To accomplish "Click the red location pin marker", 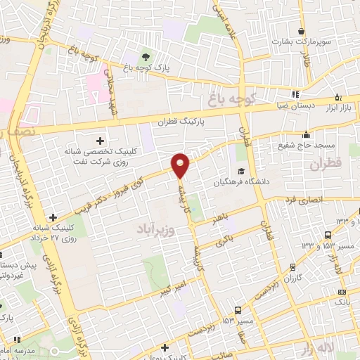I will pyautogui.click(x=181, y=165).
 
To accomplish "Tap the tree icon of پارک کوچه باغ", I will pyautogui.click(x=146, y=56).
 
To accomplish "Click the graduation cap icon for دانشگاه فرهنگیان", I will pyautogui.click(x=242, y=171).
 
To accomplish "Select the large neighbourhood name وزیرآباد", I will pyautogui.click(x=148, y=229).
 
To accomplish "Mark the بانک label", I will pyautogui.click(x=342, y=301).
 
